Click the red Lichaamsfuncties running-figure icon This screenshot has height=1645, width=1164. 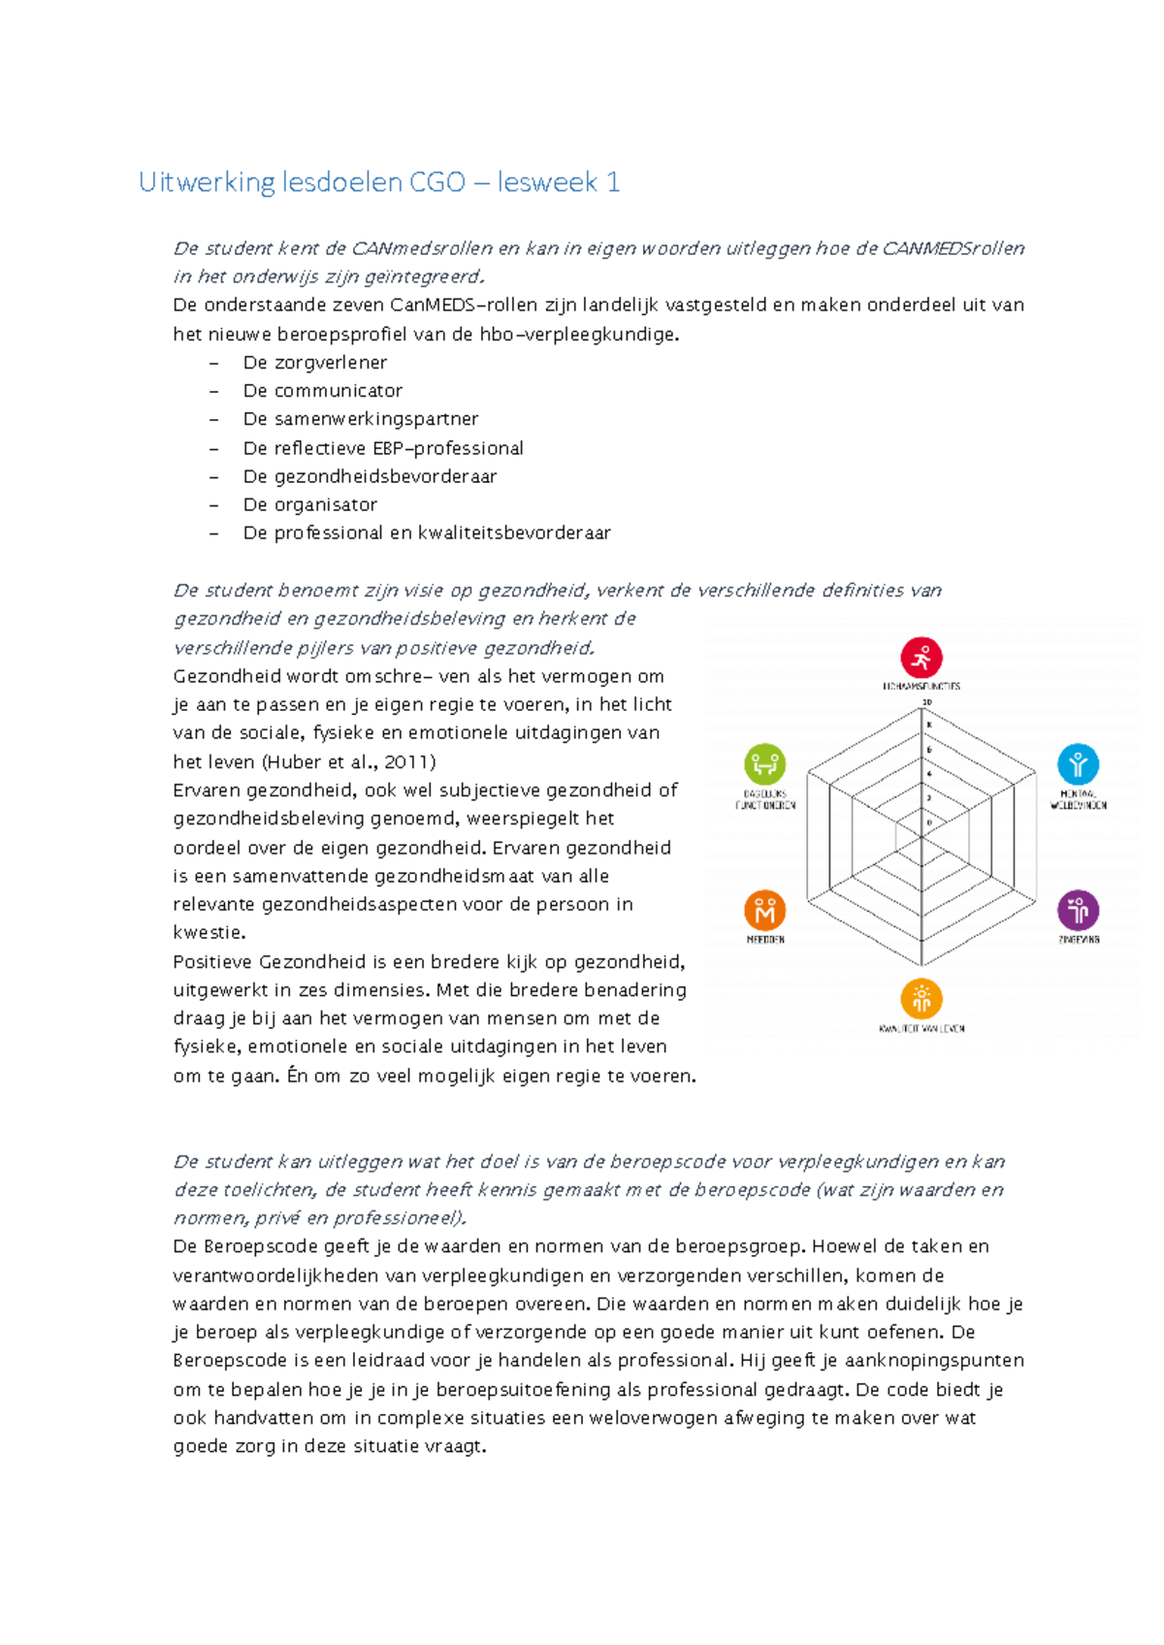(x=921, y=658)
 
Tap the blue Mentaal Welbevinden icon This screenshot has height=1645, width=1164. (x=1078, y=764)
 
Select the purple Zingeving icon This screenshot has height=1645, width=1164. (x=1078, y=910)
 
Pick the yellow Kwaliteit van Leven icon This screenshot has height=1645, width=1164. (x=921, y=998)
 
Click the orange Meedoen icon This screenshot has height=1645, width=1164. (x=764, y=910)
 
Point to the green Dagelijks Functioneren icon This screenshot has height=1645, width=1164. (x=764, y=764)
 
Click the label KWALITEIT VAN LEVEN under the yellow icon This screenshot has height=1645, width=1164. (x=921, y=1028)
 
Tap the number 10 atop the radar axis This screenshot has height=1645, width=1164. (x=926, y=702)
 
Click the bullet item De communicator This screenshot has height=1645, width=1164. (x=322, y=391)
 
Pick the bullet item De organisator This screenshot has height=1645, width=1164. (x=309, y=504)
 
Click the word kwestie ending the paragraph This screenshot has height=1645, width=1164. (x=208, y=932)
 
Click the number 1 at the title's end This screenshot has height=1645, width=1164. (x=613, y=182)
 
